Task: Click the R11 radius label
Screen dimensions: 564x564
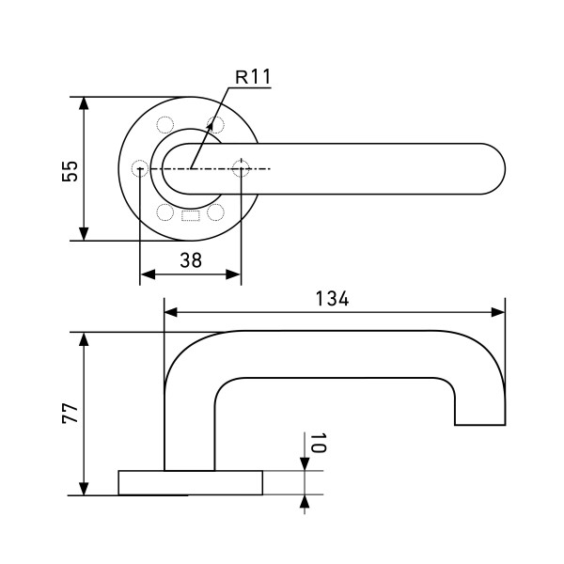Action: (251, 76)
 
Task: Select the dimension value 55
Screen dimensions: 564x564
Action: (69, 170)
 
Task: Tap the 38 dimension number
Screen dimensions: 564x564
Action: (191, 261)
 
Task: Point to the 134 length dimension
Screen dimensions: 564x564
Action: (332, 299)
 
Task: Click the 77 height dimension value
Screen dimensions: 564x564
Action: (70, 415)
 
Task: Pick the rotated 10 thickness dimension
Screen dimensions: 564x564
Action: (317, 444)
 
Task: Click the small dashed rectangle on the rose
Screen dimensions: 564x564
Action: (190, 216)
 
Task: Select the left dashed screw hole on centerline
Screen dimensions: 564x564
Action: (140, 169)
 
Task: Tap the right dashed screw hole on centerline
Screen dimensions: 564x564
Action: (241, 169)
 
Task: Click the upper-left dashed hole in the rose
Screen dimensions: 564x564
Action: (165, 125)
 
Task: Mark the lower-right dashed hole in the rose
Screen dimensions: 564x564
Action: (215, 211)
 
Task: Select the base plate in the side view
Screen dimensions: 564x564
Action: (190, 482)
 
